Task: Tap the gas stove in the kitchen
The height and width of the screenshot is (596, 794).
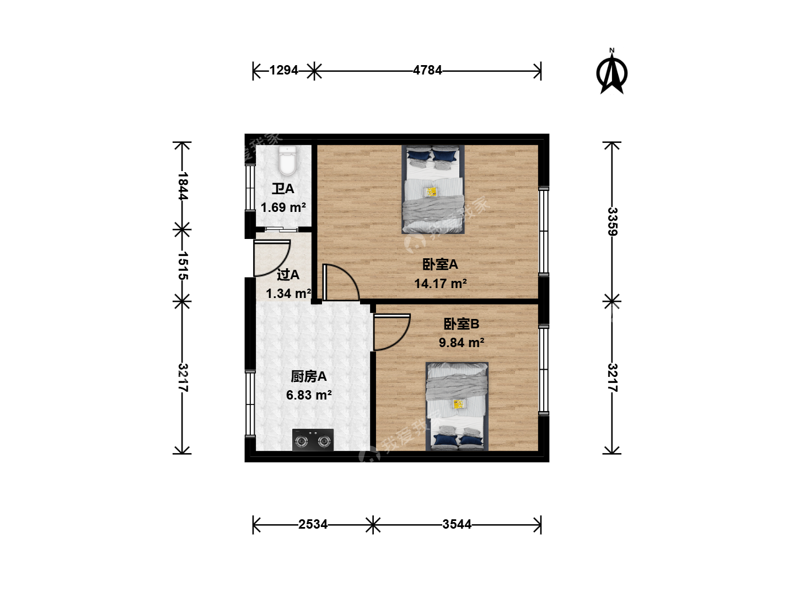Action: [x=313, y=440]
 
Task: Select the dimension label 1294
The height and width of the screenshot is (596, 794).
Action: [x=283, y=70]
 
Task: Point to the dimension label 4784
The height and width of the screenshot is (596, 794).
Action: [x=427, y=70]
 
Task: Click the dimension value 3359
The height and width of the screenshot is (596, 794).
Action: [x=612, y=221]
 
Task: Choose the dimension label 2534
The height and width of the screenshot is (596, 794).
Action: [x=313, y=524]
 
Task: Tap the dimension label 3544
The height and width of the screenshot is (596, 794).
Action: [x=457, y=524]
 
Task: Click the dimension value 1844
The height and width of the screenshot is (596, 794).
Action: [x=183, y=185]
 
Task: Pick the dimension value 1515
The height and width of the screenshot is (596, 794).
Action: [x=183, y=265]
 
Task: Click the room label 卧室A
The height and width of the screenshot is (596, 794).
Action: [x=440, y=264]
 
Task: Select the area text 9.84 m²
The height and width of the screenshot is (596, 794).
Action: [x=461, y=342]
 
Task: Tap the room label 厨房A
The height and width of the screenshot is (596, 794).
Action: [x=309, y=377]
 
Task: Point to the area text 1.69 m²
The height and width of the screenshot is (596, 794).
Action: [x=283, y=207]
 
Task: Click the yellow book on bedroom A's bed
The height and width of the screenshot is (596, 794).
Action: [x=431, y=191]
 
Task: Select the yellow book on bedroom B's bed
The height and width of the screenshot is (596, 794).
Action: [x=459, y=404]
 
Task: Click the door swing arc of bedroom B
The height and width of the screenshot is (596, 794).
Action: [x=400, y=340]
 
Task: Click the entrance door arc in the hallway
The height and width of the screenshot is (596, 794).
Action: [x=280, y=266]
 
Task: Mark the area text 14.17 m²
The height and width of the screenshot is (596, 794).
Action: [x=440, y=283]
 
